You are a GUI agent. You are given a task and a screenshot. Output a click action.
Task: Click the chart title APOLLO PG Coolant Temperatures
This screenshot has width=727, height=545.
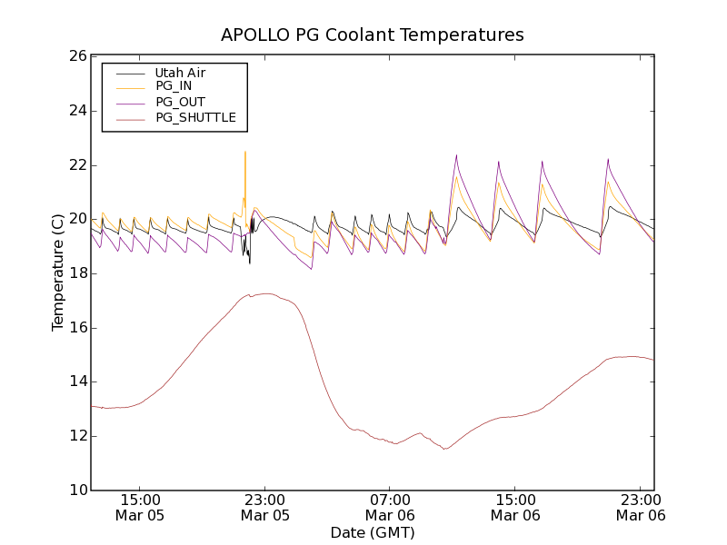(373, 35)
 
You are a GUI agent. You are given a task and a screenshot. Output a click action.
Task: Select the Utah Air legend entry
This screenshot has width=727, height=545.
(180, 73)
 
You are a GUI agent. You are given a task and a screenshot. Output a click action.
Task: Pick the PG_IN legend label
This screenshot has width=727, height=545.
(174, 86)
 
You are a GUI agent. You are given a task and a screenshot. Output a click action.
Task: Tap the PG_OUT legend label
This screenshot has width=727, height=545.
(180, 102)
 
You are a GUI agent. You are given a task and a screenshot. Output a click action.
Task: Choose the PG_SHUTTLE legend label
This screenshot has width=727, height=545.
(195, 117)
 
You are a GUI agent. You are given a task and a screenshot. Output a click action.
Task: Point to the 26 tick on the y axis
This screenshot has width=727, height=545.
(76, 56)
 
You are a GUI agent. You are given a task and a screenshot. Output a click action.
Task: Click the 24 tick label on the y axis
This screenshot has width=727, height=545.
(76, 111)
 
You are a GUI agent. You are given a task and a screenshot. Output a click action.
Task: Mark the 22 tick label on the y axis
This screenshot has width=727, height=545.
(76, 165)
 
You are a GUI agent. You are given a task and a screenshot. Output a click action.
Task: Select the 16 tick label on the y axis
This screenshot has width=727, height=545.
(76, 328)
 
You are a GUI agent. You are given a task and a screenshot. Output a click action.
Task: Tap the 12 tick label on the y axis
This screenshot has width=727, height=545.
(76, 436)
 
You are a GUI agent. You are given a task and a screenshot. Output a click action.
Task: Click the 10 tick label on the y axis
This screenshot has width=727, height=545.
(76, 490)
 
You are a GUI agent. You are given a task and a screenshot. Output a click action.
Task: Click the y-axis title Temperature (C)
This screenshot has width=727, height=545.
(57, 272)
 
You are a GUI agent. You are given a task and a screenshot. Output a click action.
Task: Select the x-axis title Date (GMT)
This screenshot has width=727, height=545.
(373, 533)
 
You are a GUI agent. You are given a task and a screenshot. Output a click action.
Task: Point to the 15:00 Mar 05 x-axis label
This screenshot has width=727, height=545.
(140, 507)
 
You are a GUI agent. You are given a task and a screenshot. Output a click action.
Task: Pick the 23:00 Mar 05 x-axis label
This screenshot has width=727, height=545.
(265, 507)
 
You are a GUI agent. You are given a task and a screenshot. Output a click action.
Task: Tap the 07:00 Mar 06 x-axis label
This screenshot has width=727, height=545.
(391, 507)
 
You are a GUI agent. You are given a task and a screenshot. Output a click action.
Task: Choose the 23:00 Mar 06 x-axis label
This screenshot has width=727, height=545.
(641, 507)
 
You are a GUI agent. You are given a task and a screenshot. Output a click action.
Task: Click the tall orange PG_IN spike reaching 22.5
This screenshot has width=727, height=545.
(245, 153)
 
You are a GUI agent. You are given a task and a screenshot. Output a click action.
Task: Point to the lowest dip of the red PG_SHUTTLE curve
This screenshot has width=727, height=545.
(445, 449)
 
